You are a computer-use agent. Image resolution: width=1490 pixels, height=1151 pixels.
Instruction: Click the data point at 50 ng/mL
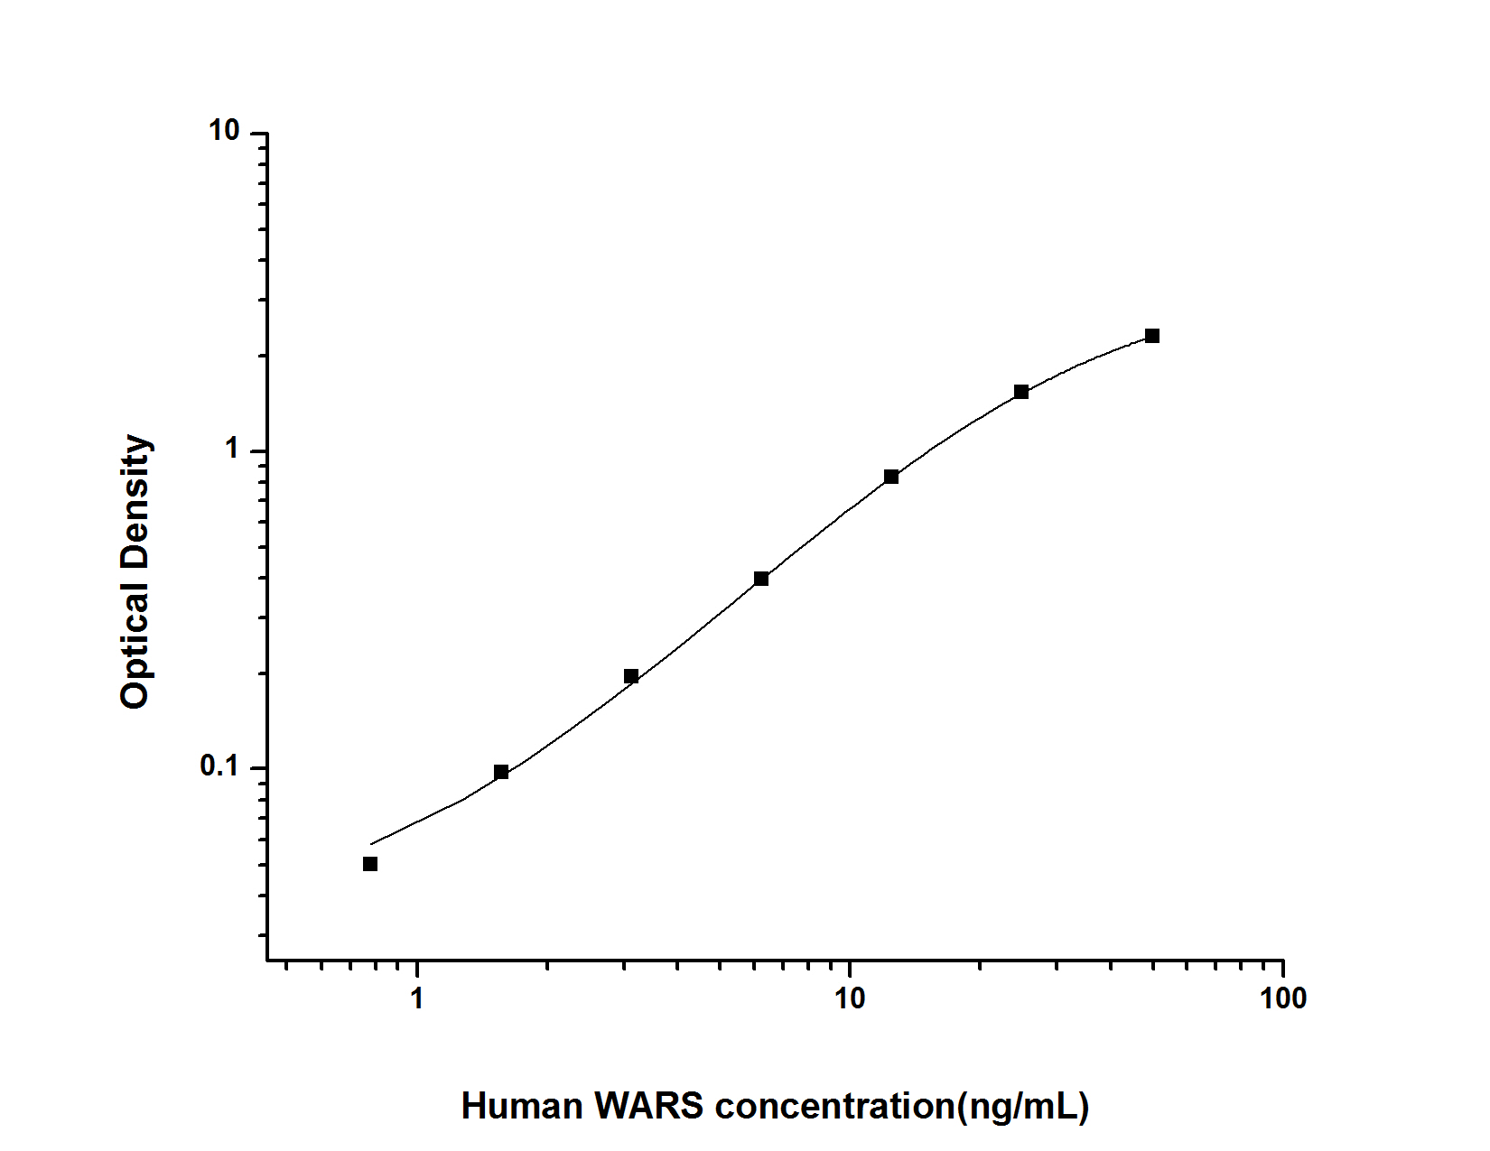click(1151, 336)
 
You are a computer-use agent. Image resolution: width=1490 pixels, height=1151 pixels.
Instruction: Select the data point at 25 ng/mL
click(1021, 392)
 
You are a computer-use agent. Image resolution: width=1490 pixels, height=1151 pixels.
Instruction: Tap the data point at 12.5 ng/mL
click(891, 477)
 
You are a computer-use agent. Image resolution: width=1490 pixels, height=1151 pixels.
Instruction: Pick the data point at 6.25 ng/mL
click(761, 579)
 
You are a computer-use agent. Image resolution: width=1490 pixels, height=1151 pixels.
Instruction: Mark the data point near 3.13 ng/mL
click(631, 676)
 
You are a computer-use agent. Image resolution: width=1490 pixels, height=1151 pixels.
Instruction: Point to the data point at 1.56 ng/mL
click(501, 772)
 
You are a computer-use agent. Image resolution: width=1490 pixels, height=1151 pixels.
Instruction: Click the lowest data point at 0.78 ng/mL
click(370, 864)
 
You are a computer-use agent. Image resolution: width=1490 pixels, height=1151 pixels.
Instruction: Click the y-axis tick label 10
click(224, 132)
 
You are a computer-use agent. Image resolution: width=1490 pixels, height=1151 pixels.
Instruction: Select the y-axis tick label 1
click(233, 449)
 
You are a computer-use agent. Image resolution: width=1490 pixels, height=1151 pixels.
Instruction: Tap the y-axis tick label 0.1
click(219, 766)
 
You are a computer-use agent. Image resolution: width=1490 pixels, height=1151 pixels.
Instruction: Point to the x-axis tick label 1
click(416, 998)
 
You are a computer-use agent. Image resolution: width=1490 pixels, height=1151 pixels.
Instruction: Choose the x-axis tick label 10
click(849, 998)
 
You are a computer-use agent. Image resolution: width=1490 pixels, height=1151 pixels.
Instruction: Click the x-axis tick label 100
click(1282, 998)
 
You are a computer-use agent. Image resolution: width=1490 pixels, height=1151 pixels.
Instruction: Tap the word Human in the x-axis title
click(523, 1106)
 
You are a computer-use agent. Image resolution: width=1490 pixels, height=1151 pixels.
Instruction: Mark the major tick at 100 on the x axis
click(1282, 967)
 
